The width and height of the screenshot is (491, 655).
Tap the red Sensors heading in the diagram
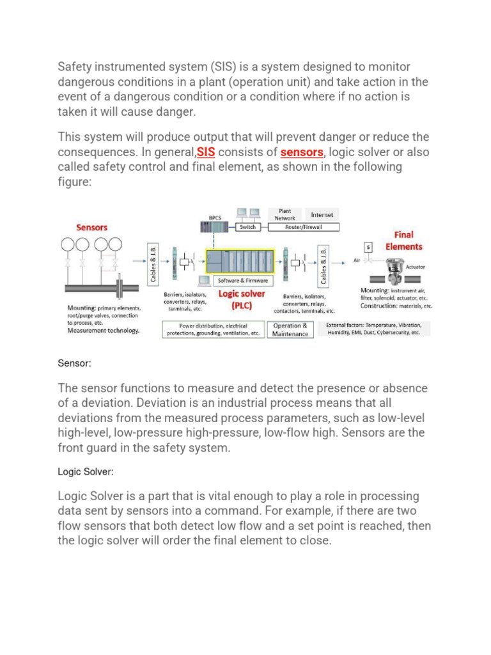tap(92, 227)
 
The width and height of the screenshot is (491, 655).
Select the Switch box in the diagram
tap(247, 227)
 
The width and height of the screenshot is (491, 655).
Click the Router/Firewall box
tap(303, 227)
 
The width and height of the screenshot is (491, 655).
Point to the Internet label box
tap(322, 215)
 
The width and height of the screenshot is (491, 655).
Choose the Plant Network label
tap(285, 214)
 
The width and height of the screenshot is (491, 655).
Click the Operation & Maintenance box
tap(290, 329)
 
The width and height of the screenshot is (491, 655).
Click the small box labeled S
tap(368, 246)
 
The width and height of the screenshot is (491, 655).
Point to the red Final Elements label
tap(403, 241)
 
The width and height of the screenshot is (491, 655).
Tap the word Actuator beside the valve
tap(416, 267)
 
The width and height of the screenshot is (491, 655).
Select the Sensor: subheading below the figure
tap(75, 363)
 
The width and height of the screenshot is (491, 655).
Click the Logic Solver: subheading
tap(86, 471)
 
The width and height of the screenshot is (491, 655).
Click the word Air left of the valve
tap(357, 261)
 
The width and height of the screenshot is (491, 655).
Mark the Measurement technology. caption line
tap(103, 331)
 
